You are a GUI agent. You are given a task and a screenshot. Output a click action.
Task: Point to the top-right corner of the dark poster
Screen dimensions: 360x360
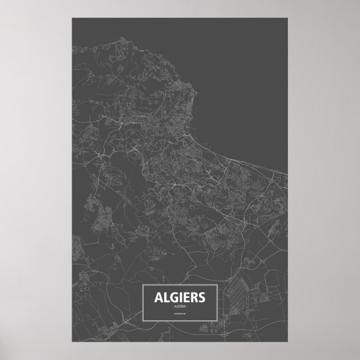pos(287,18)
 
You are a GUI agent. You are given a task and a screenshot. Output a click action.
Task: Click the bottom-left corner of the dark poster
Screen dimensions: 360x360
pos(72,342)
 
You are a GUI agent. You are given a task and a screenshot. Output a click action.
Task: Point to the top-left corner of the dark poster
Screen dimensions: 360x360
pos(72,18)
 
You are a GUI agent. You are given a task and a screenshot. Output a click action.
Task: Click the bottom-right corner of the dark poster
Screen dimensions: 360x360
pos(287,342)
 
